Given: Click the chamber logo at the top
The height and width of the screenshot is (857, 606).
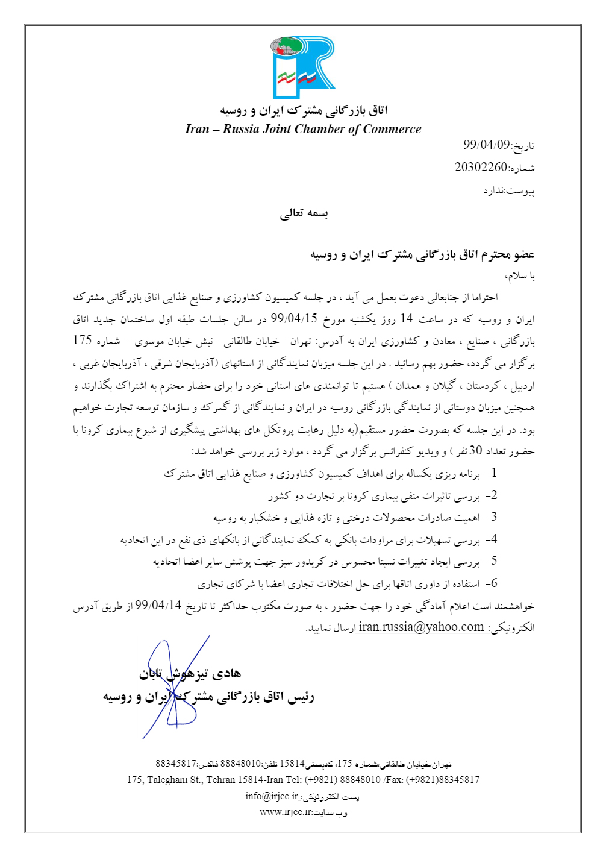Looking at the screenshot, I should [303, 67].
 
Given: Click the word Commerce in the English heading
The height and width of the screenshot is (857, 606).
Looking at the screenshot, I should [392, 129].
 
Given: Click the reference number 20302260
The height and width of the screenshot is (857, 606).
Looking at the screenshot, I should [481, 167].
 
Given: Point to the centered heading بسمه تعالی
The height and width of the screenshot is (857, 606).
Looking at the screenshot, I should [304, 213].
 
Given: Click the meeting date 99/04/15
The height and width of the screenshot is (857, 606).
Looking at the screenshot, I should [294, 319].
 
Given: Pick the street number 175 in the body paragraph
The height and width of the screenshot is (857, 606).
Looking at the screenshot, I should [82, 341].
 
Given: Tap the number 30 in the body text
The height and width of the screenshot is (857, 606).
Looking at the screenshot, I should [475, 451].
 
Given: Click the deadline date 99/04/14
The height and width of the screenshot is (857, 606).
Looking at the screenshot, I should [158, 605].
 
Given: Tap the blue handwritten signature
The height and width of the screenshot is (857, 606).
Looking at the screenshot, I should [175, 687].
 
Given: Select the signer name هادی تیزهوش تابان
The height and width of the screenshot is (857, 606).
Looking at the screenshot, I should [190, 674].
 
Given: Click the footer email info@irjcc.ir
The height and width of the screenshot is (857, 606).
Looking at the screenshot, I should [272, 796].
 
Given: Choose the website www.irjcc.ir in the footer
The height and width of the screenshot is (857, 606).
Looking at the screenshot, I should [286, 812].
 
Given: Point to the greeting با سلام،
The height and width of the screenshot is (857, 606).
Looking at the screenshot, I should [520, 276].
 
